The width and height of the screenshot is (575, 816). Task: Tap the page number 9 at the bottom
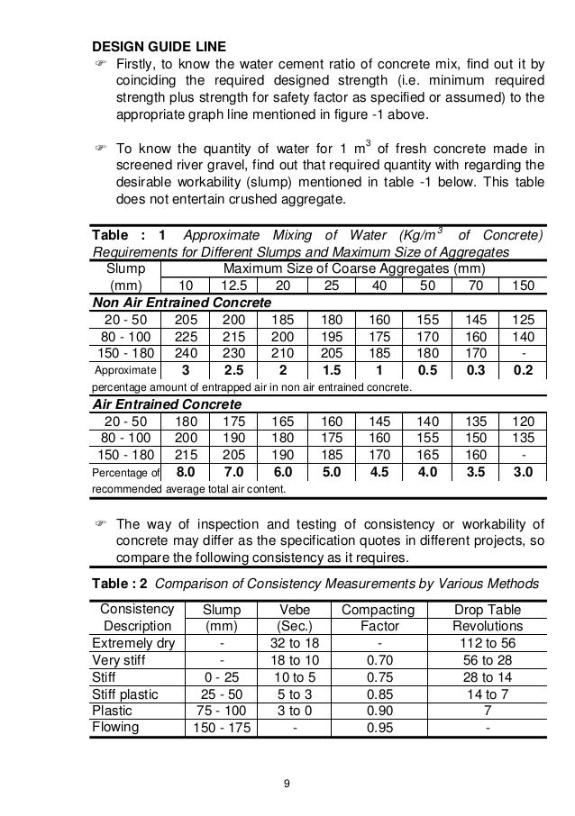tap(287, 780)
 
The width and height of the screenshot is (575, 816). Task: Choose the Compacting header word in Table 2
tap(378, 611)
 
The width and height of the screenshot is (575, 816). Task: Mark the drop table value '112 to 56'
tap(487, 643)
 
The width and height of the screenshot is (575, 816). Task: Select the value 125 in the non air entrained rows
tap(521, 319)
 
